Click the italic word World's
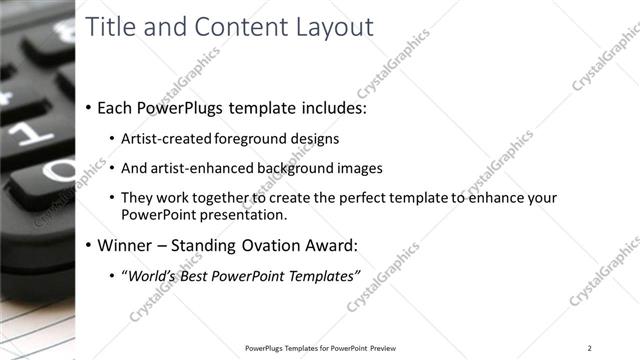pyautogui.click(x=149, y=276)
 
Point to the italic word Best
pyautogui.click(x=195, y=276)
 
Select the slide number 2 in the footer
pyautogui.click(x=590, y=348)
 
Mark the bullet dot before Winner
pyautogui.click(x=89, y=246)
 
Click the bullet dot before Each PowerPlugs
pyautogui.click(x=89, y=107)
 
